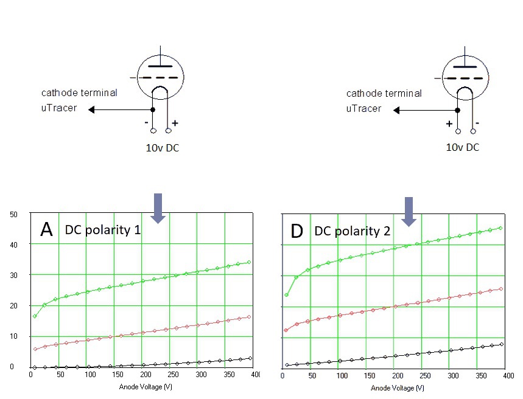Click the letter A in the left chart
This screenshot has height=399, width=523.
(47, 230)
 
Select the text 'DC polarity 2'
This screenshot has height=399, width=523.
(353, 231)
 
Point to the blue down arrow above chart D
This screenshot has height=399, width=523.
(408, 211)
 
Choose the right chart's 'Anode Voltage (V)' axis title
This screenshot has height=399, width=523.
(398, 387)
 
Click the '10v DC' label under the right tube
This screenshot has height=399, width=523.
(463, 147)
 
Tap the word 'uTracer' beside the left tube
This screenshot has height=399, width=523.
(59, 108)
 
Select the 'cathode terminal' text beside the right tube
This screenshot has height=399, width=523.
(384, 93)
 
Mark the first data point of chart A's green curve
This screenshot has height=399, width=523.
(35, 316)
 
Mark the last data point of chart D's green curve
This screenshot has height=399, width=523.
(500, 228)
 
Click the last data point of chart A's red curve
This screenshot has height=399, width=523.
(250, 317)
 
